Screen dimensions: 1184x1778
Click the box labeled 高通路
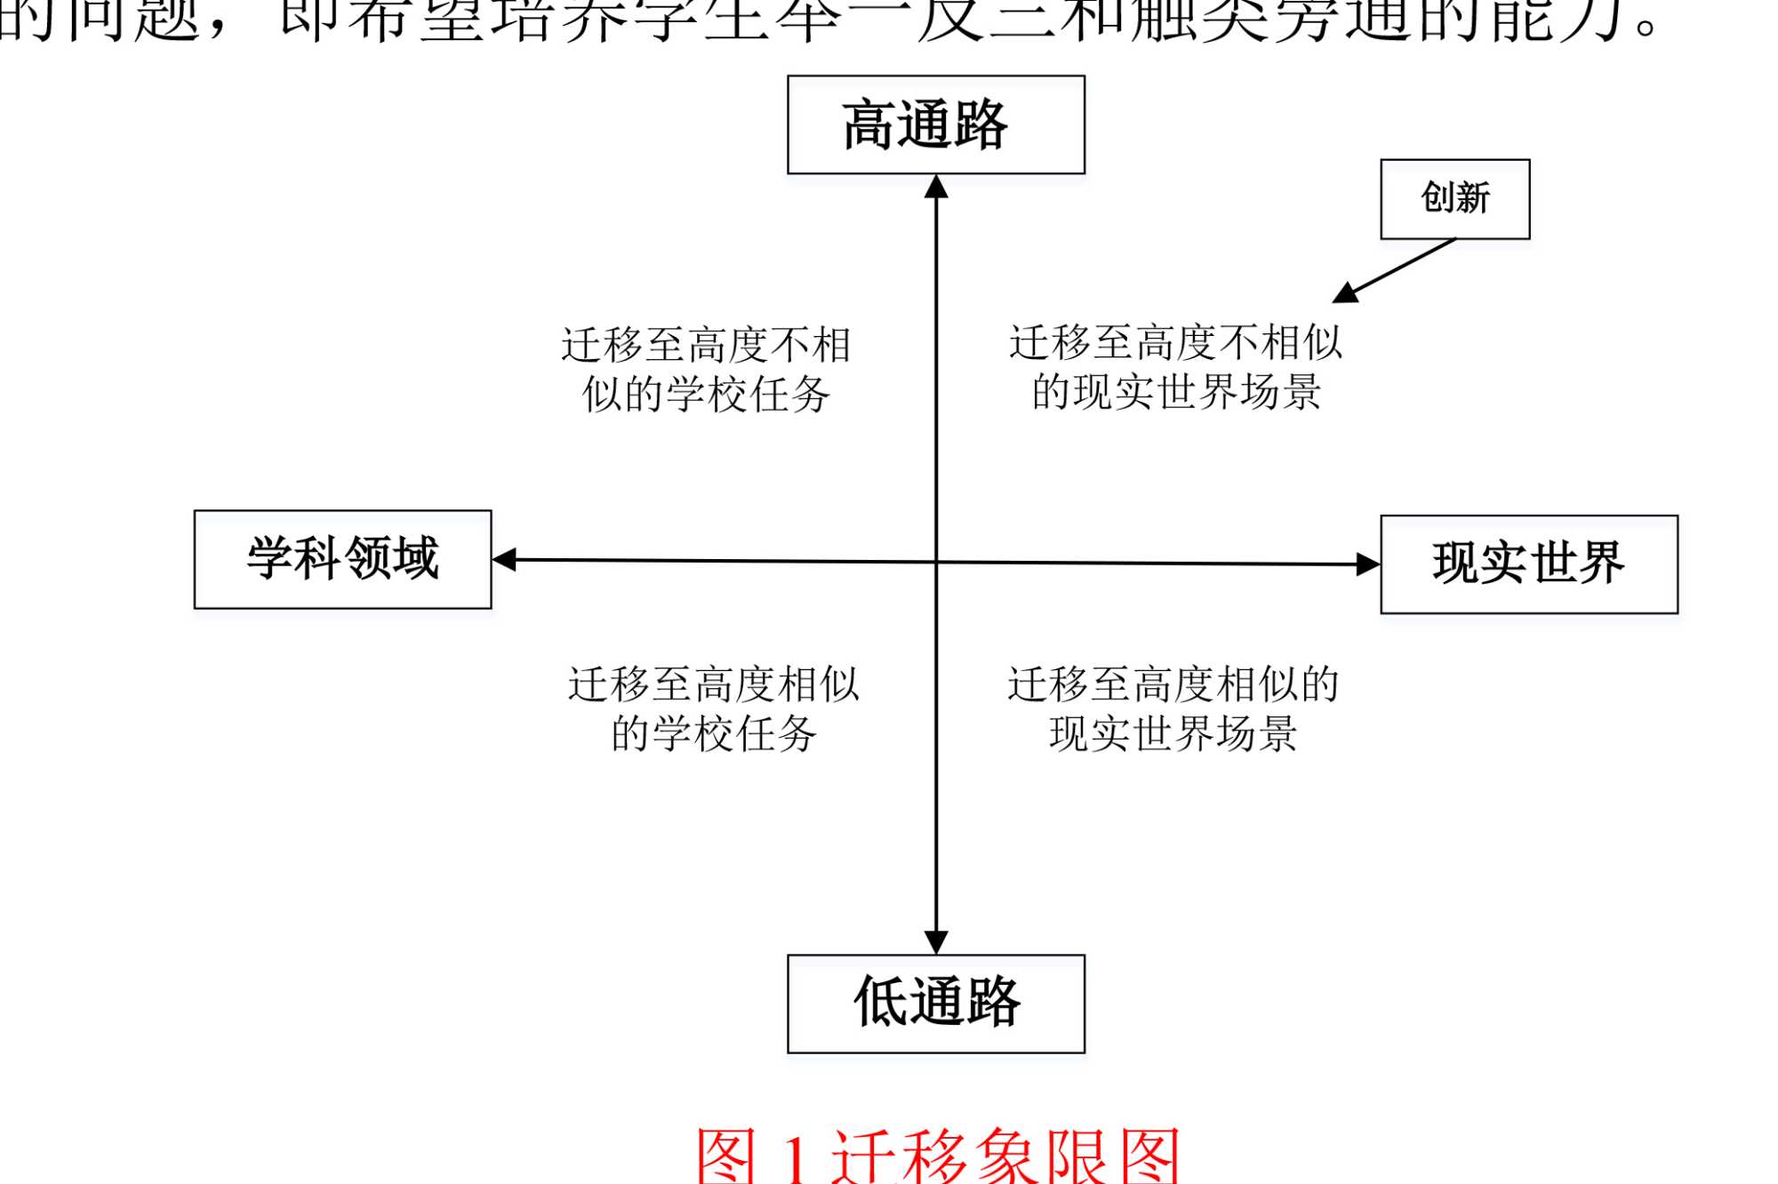tap(935, 124)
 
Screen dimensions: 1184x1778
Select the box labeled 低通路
tap(935, 1004)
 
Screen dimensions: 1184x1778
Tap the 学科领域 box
tap(342, 559)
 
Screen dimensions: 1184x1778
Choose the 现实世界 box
tap(1528, 564)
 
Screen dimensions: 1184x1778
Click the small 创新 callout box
tap(1454, 198)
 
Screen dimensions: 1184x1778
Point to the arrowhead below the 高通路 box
tap(936, 187)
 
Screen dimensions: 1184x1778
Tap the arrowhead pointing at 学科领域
tap(505, 559)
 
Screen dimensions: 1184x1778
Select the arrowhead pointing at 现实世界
tap(1367, 564)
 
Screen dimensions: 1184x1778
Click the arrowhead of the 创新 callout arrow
tap(1345, 293)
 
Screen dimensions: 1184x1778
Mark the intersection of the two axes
tap(936, 562)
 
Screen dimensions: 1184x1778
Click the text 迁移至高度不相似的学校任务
tap(706, 369)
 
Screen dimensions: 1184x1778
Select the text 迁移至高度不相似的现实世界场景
tap(1175, 367)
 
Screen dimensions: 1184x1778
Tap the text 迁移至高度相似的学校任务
tap(713, 708)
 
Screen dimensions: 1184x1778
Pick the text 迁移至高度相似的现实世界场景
tap(1173, 708)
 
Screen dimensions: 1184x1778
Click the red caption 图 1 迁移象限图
tap(937, 1156)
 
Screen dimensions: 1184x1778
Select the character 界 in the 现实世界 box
tap(1599, 563)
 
